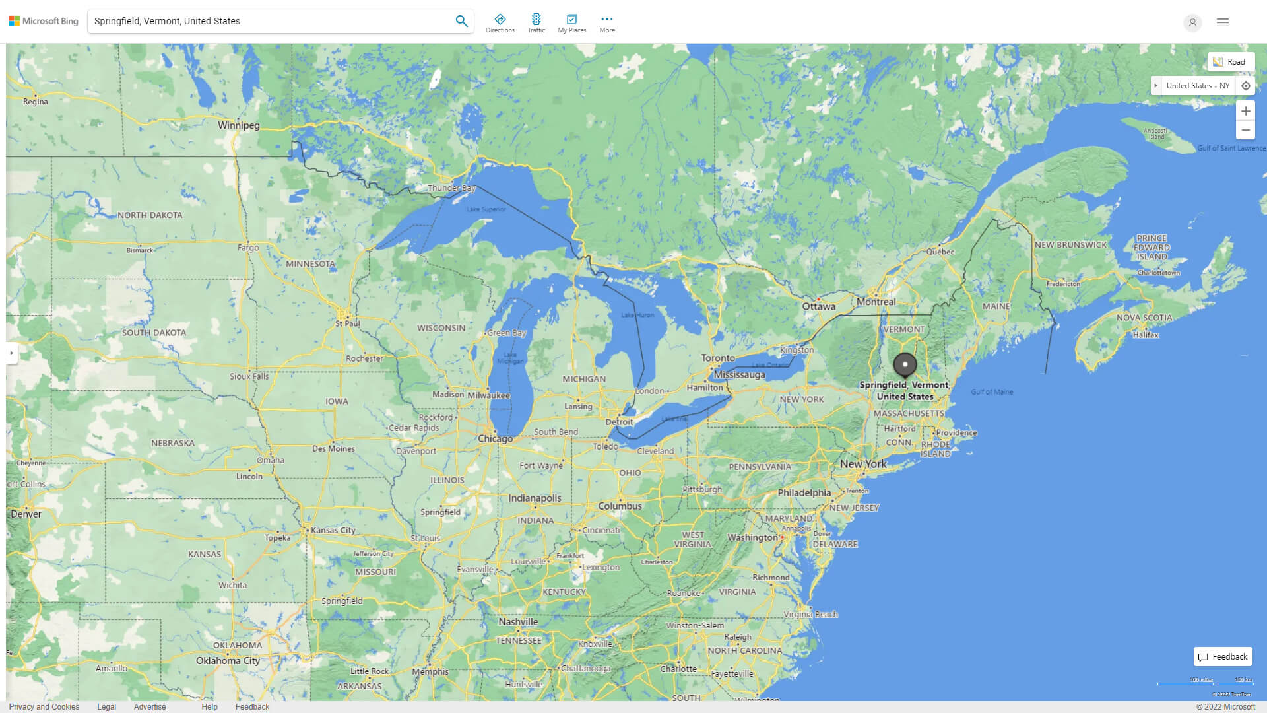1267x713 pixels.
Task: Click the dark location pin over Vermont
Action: pyautogui.click(x=905, y=364)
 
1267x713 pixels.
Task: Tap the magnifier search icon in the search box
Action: pyautogui.click(x=461, y=21)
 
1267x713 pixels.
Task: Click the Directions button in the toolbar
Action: pyautogui.click(x=500, y=22)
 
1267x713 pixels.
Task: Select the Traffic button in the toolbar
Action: pyautogui.click(x=536, y=22)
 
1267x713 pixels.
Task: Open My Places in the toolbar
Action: pyautogui.click(x=571, y=22)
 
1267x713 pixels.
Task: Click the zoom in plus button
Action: pyautogui.click(x=1245, y=111)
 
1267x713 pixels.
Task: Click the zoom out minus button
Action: pyautogui.click(x=1245, y=131)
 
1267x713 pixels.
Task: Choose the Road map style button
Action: pyautogui.click(x=1230, y=62)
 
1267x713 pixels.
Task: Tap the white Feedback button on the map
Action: pyautogui.click(x=1223, y=657)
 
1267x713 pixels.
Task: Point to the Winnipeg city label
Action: pyautogui.click(x=239, y=125)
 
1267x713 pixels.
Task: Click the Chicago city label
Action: pyautogui.click(x=495, y=439)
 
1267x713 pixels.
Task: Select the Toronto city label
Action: pyautogui.click(x=718, y=358)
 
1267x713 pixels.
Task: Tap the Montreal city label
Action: pyautogui.click(x=876, y=302)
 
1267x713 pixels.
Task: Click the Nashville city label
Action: pyautogui.click(x=518, y=622)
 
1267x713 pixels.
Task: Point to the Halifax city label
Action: pyautogui.click(x=1146, y=335)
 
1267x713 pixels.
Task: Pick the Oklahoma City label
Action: pyautogui.click(x=228, y=661)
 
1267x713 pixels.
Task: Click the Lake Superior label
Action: pyautogui.click(x=486, y=209)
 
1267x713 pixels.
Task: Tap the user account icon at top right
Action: pyautogui.click(x=1192, y=22)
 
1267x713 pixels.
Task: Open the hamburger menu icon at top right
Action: pyautogui.click(x=1223, y=22)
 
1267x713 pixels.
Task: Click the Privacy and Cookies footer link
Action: pyautogui.click(x=44, y=707)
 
